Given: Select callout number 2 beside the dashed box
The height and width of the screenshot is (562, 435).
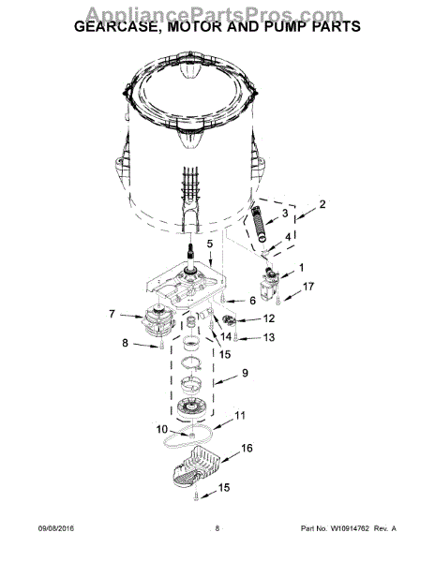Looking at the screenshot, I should click(x=322, y=203).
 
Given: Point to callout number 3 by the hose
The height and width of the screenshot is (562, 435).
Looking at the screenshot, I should click(x=285, y=214).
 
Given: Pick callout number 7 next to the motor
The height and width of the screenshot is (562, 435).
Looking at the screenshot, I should click(x=112, y=314).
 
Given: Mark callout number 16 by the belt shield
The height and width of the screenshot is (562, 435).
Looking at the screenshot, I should click(x=247, y=449).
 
